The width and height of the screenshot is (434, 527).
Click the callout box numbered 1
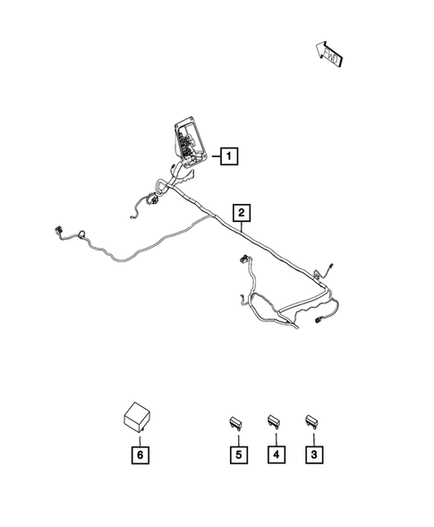[229, 158]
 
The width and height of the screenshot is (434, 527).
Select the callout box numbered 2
[243, 213]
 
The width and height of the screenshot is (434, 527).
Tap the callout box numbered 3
[313, 455]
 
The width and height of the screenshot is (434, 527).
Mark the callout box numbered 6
[140, 455]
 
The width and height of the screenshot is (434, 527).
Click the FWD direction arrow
[328, 55]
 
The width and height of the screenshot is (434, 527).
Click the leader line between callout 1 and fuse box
[212, 158]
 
